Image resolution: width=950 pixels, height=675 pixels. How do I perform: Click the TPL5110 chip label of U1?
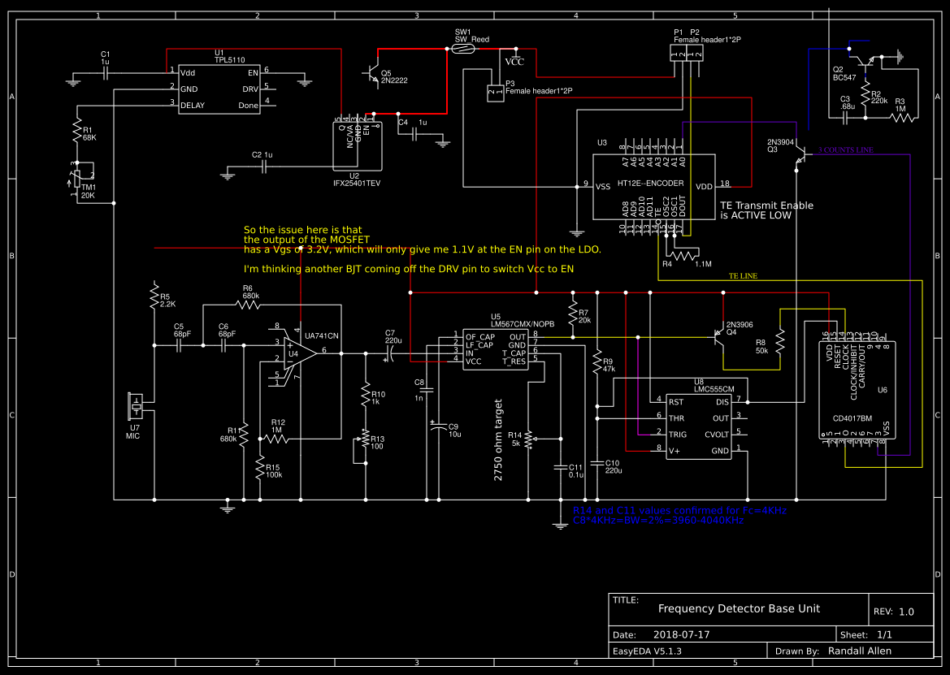[229, 60]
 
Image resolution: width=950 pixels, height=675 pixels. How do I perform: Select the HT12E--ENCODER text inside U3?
[650, 184]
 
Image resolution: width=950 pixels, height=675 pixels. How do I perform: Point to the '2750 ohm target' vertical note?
[499, 439]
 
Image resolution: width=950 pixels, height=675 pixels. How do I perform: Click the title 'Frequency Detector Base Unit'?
[739, 608]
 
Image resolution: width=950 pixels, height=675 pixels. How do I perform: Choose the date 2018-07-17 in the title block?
[681, 634]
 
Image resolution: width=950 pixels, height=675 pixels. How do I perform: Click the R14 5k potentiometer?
[530, 439]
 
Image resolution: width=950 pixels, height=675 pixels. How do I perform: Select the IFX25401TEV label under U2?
[357, 184]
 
